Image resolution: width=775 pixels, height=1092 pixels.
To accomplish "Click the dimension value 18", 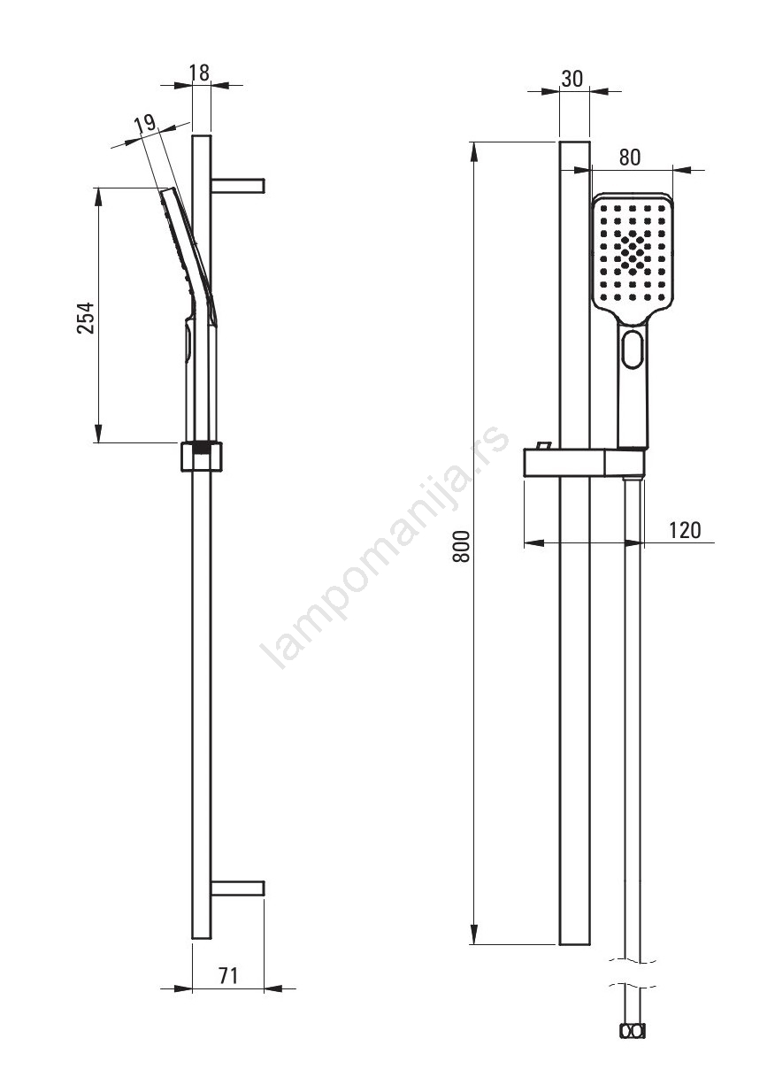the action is click(x=200, y=73).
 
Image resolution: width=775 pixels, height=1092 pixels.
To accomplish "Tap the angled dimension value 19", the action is click(x=145, y=124).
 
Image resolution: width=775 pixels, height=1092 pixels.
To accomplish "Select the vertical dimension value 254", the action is click(x=86, y=318).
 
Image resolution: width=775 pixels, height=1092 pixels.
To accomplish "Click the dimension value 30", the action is click(x=572, y=79).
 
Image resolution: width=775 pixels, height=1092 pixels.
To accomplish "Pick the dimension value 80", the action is click(x=630, y=158).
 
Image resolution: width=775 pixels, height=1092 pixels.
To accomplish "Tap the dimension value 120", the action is click(x=685, y=530).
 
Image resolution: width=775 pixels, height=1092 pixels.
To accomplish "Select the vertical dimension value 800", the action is click(x=461, y=547).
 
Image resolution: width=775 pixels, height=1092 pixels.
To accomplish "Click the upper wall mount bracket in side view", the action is click(x=238, y=186).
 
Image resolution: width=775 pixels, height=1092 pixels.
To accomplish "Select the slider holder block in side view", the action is click(x=202, y=457).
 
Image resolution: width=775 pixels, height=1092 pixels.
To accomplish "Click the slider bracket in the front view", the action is click(x=585, y=462).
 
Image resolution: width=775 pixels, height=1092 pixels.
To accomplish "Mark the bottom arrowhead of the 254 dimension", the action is click(x=99, y=433).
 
